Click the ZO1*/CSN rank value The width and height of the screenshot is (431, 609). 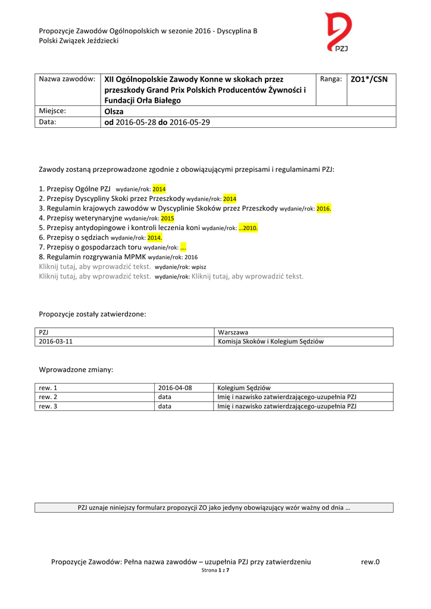[369, 79]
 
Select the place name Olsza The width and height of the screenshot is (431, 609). [114, 111]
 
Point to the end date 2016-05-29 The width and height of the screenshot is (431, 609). [190, 123]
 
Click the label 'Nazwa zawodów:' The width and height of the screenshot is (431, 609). [67, 79]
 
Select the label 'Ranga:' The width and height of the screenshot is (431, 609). [331, 79]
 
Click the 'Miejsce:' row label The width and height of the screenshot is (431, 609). [52, 111]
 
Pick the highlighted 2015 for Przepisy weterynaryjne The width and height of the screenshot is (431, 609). [167, 218]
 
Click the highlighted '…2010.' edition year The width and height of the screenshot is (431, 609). [248, 228]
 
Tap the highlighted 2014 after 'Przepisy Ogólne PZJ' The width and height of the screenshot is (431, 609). [159, 189]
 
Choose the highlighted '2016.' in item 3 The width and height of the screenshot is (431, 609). [323, 209]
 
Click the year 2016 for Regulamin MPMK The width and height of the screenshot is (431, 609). [191, 258]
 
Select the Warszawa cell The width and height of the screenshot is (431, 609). [233, 332]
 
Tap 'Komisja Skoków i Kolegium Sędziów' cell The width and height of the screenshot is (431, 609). [271, 341]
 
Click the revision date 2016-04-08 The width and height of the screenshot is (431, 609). [175, 388]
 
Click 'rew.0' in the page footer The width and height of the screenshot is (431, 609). [370, 562]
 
